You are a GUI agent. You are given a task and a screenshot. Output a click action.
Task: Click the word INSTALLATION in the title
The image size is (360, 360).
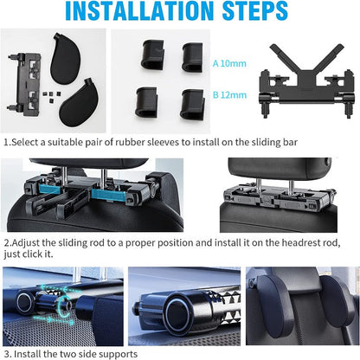point(139,10)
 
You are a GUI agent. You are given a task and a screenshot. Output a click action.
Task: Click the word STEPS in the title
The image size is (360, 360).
point(255,10)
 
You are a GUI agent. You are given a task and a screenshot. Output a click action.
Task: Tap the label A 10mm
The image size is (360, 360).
point(229,63)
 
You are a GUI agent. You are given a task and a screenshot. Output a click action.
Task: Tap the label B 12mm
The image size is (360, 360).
point(229,95)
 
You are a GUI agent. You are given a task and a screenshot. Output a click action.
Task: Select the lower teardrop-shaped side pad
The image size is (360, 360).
point(79,102)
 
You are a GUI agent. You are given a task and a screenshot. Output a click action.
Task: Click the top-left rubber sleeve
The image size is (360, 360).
point(152,55)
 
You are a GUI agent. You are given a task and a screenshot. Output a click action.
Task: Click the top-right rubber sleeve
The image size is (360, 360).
point(192,57)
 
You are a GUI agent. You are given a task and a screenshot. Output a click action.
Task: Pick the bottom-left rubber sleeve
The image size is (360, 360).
point(147,102)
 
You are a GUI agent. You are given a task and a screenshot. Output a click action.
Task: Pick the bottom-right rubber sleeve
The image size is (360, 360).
point(192,105)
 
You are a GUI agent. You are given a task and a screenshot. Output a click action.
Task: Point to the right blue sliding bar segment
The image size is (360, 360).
point(109,193)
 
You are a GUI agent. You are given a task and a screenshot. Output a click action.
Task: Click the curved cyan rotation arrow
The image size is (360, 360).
point(63,307)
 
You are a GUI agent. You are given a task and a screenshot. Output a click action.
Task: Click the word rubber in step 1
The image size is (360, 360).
point(131,142)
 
